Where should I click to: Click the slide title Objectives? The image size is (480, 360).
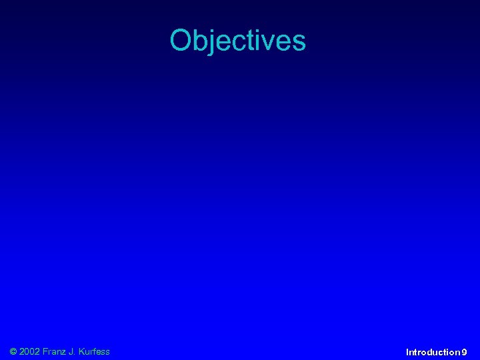(238, 41)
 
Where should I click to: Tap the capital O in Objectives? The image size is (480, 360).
(181, 41)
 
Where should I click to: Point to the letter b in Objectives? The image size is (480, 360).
(199, 41)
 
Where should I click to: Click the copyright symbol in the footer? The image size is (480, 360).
(13, 351)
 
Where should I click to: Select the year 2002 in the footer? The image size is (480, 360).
(29, 351)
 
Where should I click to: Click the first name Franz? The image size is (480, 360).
(55, 351)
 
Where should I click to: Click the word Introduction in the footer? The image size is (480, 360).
(433, 351)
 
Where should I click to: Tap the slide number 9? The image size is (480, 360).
(464, 351)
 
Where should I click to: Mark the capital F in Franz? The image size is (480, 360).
(45, 351)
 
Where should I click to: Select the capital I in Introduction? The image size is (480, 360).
(407, 351)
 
